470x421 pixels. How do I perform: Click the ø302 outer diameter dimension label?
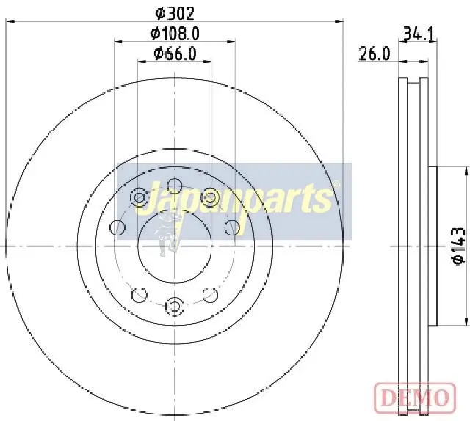[175, 13]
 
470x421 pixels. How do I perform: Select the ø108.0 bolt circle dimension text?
[175, 34]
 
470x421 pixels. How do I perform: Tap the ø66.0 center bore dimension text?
[175, 54]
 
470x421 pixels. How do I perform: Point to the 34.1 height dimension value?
[419, 34]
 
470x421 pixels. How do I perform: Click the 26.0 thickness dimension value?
[375, 54]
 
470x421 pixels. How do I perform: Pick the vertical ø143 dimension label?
[459, 246]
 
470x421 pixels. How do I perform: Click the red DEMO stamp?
[415, 398]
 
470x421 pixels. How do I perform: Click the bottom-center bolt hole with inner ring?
[174, 306]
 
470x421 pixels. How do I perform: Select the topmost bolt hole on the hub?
[175, 186]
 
